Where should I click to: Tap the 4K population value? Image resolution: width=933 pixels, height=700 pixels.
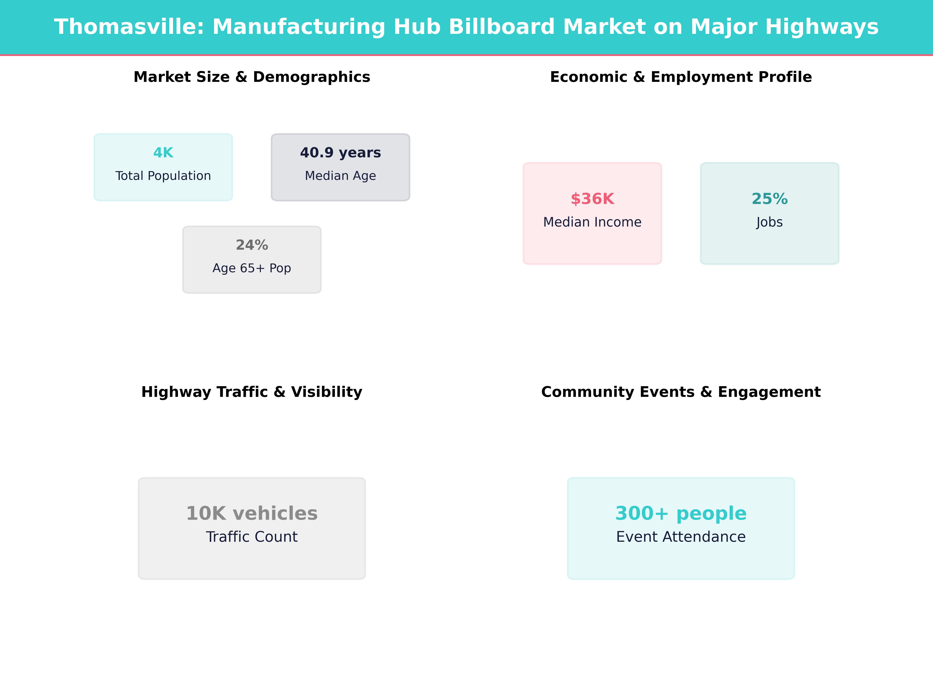coord(163,153)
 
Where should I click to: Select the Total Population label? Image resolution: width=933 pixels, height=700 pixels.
coord(163,176)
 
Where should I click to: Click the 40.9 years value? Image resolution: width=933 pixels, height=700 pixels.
coord(340,153)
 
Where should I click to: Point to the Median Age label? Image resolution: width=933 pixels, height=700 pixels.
coord(340,176)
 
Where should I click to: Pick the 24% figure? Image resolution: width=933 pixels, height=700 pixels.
coord(252,245)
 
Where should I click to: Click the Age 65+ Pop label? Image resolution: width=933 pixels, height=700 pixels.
coord(252,268)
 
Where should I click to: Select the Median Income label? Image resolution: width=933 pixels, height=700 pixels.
coord(592,222)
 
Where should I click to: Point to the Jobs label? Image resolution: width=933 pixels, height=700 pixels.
coord(769,222)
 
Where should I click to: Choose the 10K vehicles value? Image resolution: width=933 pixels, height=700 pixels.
coord(252,514)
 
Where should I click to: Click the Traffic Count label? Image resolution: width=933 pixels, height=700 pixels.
coord(252,537)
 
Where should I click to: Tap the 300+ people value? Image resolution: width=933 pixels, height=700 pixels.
coord(681,514)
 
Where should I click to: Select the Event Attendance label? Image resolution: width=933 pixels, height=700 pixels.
coord(681,537)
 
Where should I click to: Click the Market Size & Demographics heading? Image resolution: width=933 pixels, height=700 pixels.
coord(252,77)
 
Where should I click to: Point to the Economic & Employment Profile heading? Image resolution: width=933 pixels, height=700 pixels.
coord(681,77)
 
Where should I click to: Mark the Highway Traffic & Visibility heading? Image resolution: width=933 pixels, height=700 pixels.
coord(252,392)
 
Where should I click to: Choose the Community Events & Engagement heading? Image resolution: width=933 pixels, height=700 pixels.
coord(681,392)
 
